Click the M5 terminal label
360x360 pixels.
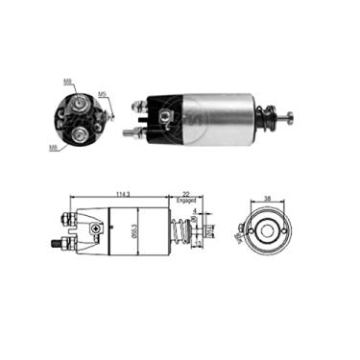click(103, 95)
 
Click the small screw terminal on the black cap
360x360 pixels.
click(166, 119)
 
